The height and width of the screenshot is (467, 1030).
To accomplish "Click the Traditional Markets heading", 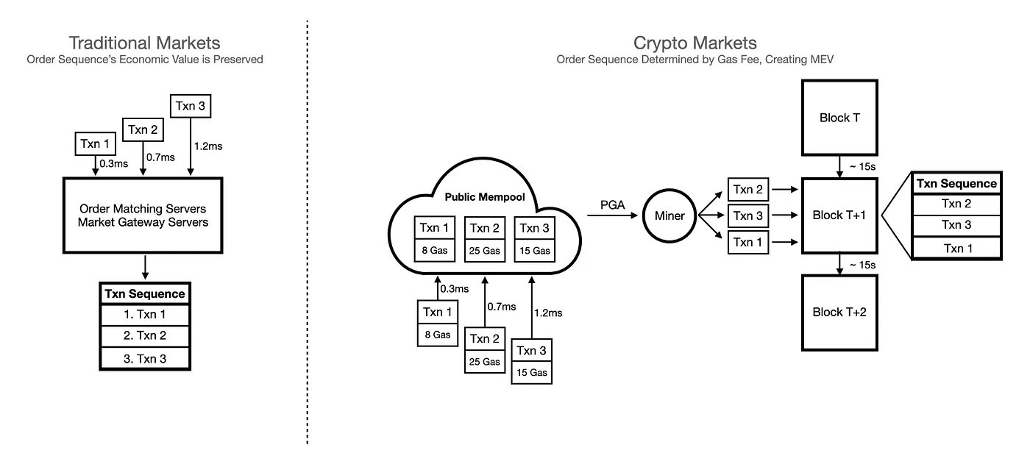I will [x=144, y=43].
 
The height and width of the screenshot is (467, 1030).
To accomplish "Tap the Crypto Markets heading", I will [x=695, y=43].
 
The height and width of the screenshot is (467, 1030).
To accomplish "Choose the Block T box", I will [x=839, y=118].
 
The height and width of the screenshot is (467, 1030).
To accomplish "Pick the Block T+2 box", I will [x=839, y=313].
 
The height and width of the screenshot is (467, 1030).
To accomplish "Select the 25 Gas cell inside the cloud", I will [x=485, y=251].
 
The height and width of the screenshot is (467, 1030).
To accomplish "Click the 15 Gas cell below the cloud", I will [x=532, y=372].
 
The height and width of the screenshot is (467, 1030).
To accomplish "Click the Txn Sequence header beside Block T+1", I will [x=956, y=183].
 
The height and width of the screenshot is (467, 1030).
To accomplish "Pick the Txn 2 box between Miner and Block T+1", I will [x=747, y=189].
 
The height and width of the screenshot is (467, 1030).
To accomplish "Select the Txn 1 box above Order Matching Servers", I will [x=96, y=144].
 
